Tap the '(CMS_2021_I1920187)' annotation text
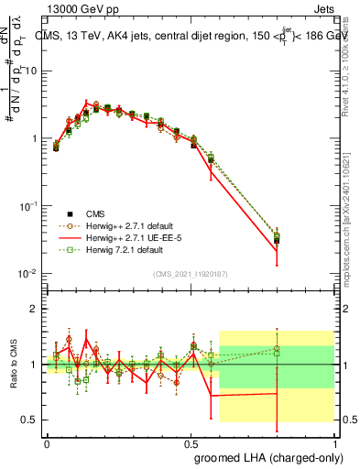[x=192, y=274]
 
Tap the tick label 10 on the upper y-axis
[x=31, y=71]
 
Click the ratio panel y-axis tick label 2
[x=36, y=309]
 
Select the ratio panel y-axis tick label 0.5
[x=31, y=420]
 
